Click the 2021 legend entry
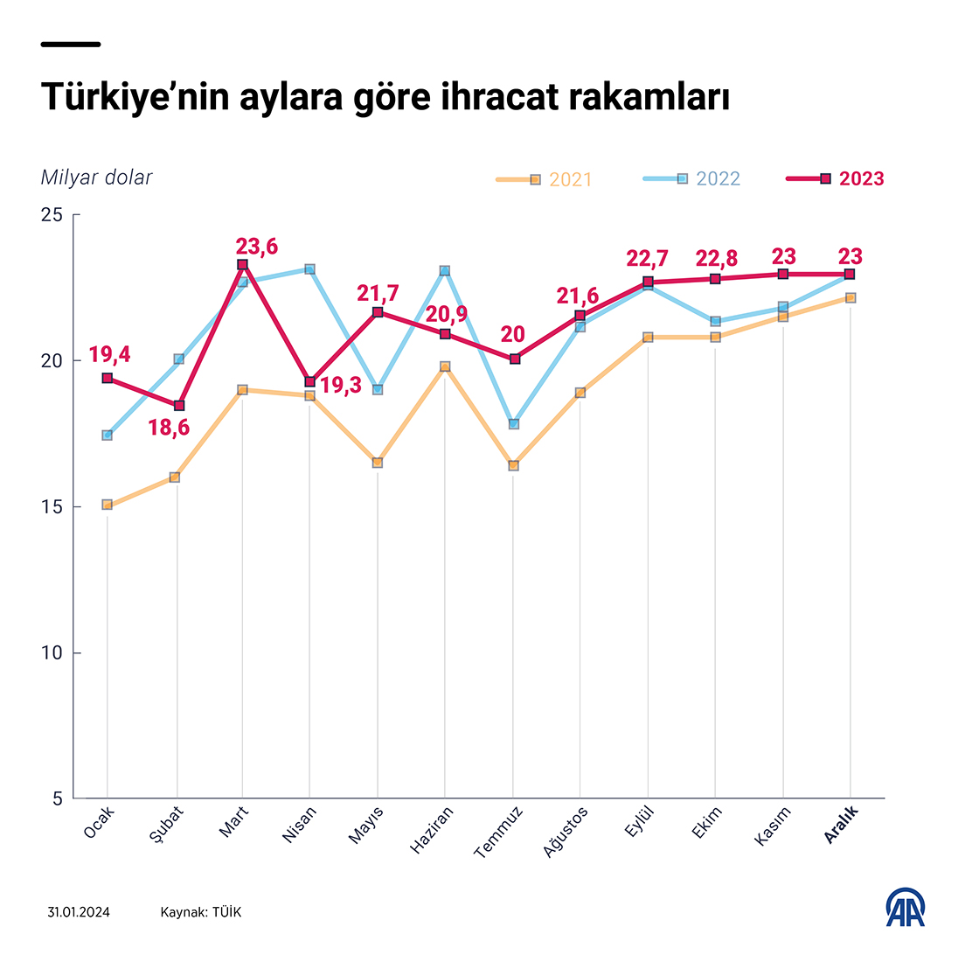pos(544,179)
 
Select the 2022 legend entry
pos(692,179)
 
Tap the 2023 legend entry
pos(837,179)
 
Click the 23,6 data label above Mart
pos(256,247)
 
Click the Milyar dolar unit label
pos(96,178)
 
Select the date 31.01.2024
pos(80,912)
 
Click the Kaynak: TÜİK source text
pos(200,912)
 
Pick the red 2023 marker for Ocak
pos(108,378)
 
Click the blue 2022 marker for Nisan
pos(310,269)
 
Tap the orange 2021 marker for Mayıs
pos(378,463)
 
